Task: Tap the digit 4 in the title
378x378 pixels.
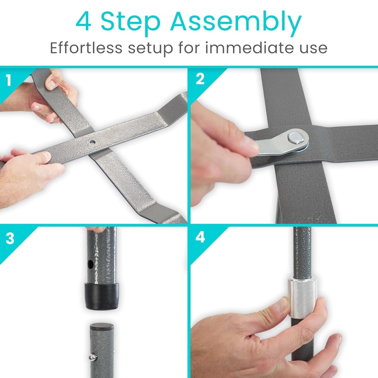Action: coord(83,21)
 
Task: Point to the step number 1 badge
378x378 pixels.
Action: coord(8,80)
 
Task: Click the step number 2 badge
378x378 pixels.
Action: coord(200,79)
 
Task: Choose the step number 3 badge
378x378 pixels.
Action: coord(10,239)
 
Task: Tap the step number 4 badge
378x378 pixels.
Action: coord(200,238)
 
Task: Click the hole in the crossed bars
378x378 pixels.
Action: coord(92,142)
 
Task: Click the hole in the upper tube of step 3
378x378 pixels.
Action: coord(91,264)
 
